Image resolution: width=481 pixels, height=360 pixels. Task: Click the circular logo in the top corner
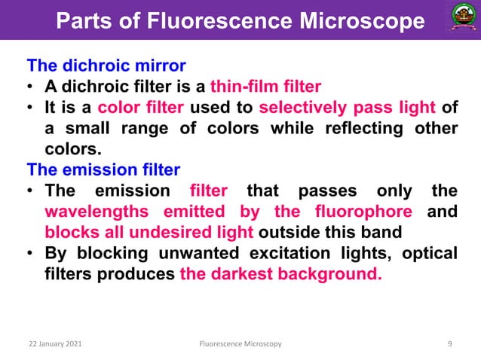[x=455, y=20]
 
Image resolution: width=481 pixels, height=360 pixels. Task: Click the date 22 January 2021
[x=52, y=344]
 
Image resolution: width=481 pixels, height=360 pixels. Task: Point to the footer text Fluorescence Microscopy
[x=240, y=344]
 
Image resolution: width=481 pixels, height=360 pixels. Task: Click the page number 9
[x=449, y=344]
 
